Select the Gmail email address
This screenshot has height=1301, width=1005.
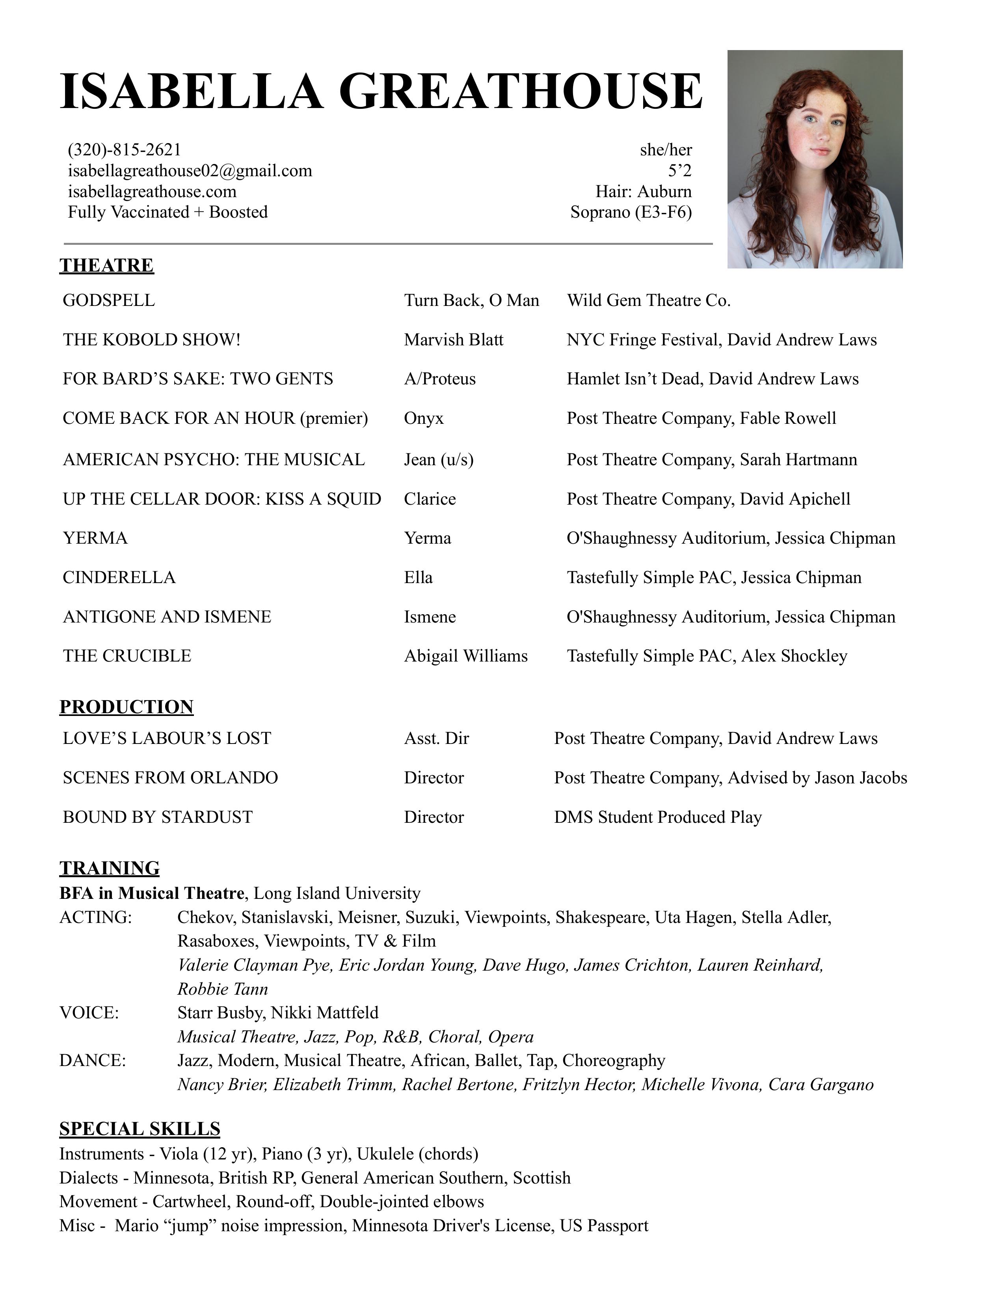click(190, 171)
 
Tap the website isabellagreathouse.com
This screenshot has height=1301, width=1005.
click(152, 192)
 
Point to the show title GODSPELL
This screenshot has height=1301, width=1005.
click(109, 300)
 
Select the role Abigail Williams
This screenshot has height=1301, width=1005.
click(465, 656)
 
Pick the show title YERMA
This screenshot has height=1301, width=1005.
click(95, 539)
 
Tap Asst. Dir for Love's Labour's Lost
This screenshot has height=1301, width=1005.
click(436, 739)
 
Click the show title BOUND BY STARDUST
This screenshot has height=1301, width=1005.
click(158, 817)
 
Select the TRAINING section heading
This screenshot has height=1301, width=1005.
click(110, 868)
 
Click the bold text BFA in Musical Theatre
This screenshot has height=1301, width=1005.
click(152, 893)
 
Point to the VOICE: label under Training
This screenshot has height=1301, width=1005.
click(89, 1013)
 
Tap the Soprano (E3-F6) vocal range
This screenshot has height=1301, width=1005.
click(631, 212)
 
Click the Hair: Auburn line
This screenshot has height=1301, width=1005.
click(644, 192)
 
